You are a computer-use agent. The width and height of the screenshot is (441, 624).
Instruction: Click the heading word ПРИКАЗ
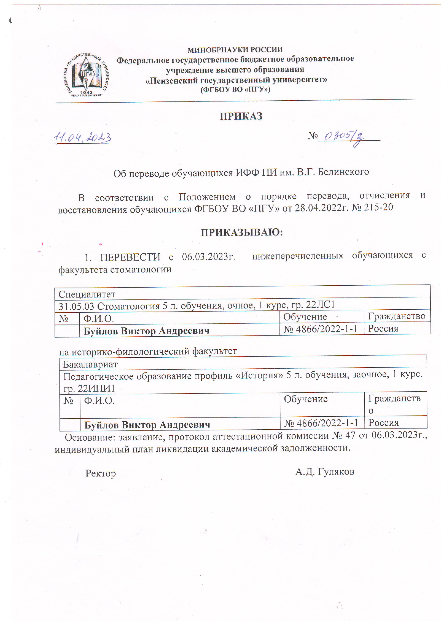(x=241, y=116)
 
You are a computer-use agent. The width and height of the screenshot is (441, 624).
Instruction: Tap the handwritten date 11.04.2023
(x=82, y=137)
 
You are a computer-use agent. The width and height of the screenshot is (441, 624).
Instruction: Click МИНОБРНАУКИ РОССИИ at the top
(x=235, y=50)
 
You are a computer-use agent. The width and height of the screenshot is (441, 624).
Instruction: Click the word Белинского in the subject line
(x=343, y=172)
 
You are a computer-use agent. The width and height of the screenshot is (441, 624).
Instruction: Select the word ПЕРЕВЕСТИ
(x=130, y=257)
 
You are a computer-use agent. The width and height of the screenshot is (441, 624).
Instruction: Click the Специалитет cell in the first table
(x=87, y=294)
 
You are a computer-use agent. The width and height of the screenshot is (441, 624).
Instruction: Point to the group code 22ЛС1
(x=320, y=304)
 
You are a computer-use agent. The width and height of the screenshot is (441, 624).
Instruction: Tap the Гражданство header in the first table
(x=397, y=316)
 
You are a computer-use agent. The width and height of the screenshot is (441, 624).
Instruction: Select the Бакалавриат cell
(x=90, y=365)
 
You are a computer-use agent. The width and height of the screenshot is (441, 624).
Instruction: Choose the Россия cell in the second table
(x=384, y=423)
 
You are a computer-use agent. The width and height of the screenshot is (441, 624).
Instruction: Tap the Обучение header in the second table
(x=306, y=399)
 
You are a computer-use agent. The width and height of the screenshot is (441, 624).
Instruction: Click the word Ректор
(x=101, y=473)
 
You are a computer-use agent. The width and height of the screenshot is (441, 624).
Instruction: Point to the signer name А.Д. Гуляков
(x=325, y=472)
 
